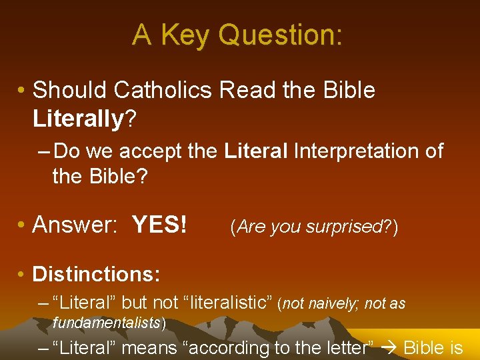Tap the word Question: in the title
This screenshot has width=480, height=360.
click(280, 35)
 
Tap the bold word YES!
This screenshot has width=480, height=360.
click(160, 225)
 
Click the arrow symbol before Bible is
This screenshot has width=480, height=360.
click(392, 347)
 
